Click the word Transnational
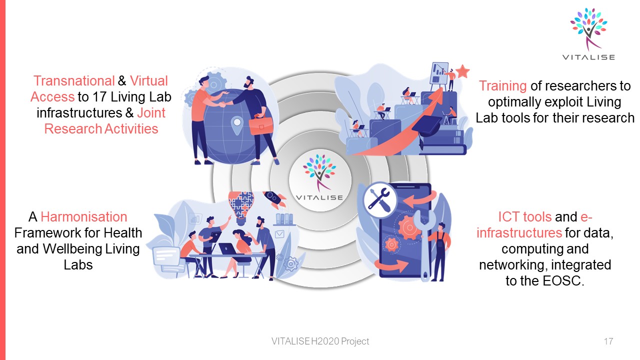[x=74, y=81]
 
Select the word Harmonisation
[x=84, y=217]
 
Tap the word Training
[x=502, y=86]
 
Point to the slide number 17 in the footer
[x=608, y=341]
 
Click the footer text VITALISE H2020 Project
[x=320, y=341]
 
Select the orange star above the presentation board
[x=462, y=71]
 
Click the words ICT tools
[x=524, y=217]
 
